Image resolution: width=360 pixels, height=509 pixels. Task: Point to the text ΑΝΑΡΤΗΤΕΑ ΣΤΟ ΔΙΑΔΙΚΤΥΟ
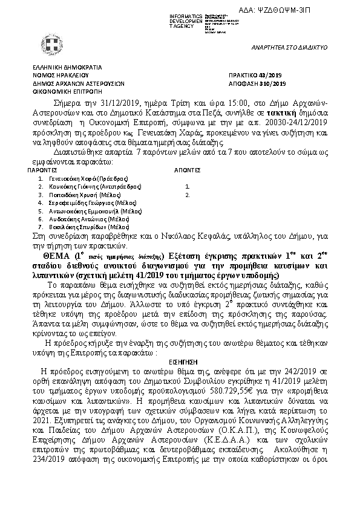289,47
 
